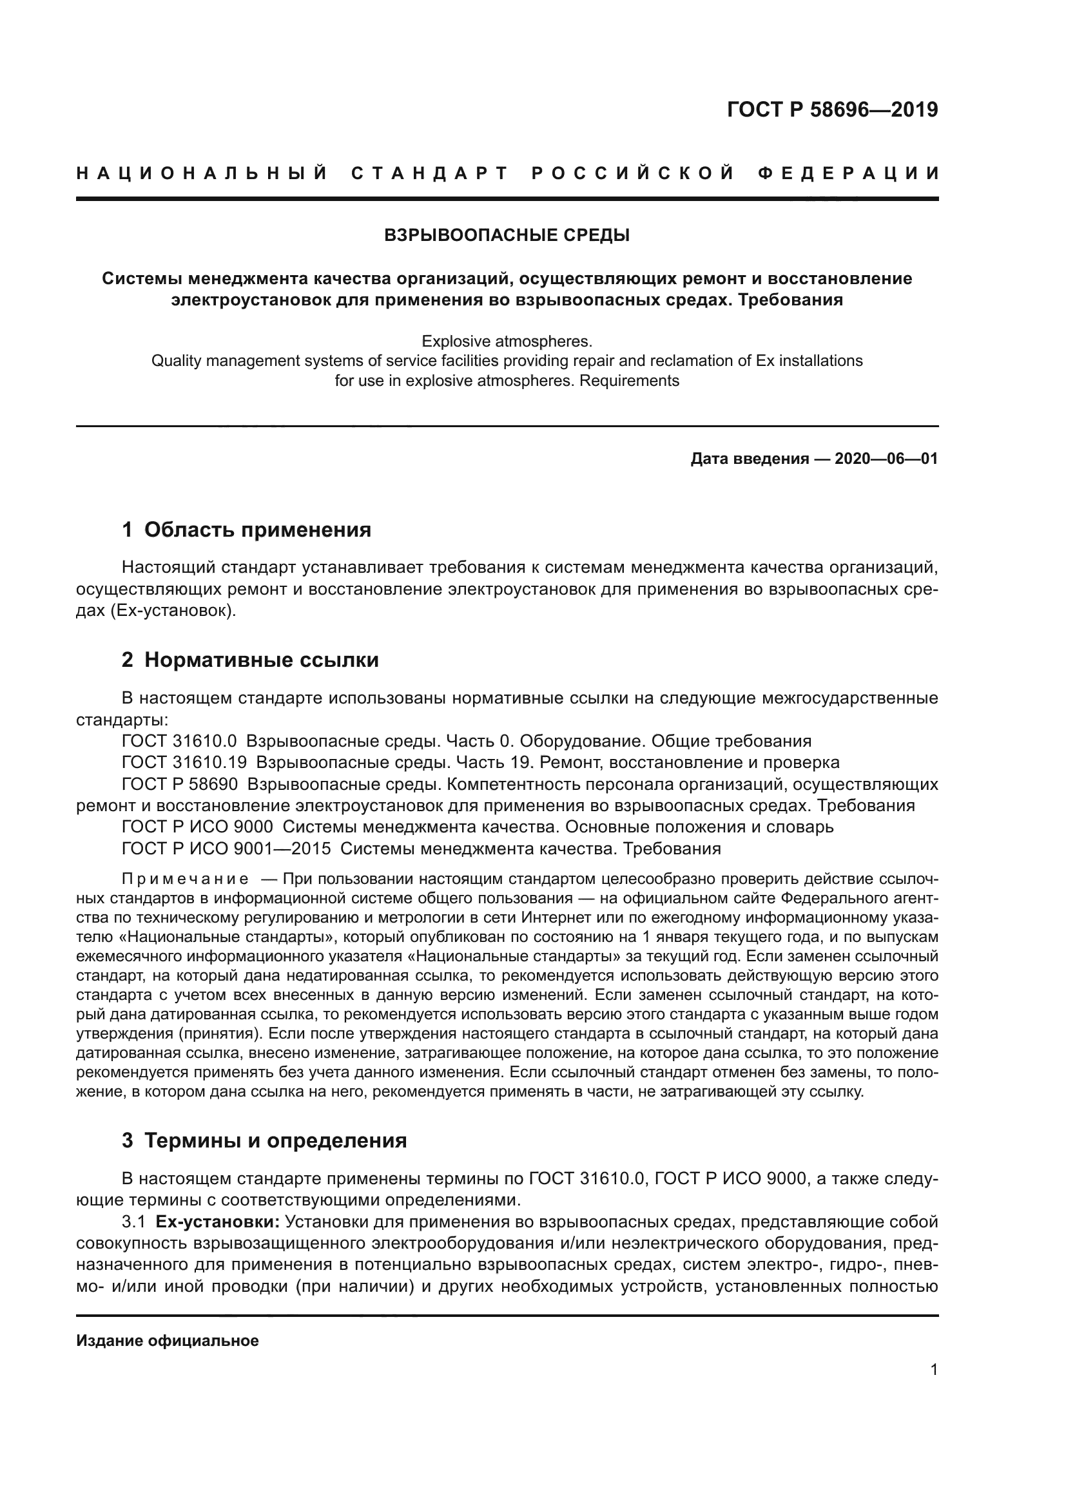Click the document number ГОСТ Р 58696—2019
pos(831,110)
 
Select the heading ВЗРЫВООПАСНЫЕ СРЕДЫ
pos(507,235)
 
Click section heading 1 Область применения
pos(246,530)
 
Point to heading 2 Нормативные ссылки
pos(250,660)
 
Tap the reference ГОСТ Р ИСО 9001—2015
pos(226,849)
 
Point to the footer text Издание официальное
pos(168,1341)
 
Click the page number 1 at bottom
pos(934,1370)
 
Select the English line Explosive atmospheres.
pos(507,341)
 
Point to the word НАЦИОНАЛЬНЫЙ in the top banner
pos(202,173)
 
